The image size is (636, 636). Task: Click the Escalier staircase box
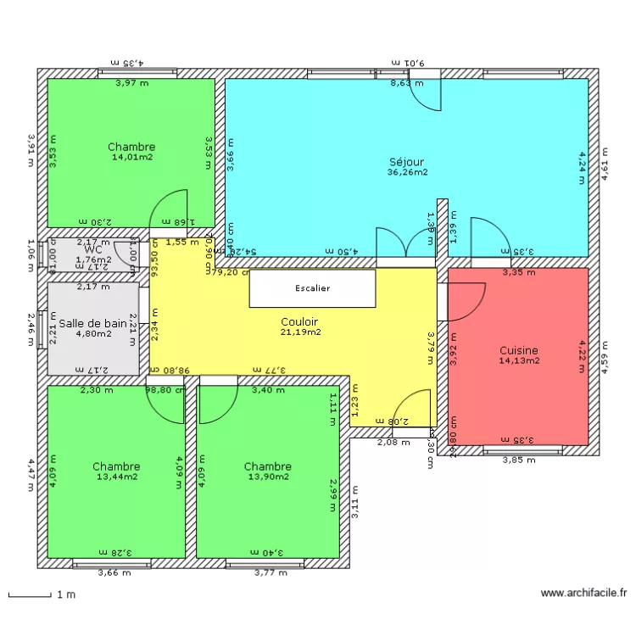(x=312, y=288)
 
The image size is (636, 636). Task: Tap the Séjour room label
(x=406, y=162)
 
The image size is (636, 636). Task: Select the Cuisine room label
(x=519, y=350)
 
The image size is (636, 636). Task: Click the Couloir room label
(x=299, y=322)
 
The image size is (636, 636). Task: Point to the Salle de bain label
(x=93, y=323)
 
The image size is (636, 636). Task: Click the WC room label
(x=93, y=250)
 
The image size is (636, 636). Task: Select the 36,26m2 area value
(x=407, y=172)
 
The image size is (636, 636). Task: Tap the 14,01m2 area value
(x=131, y=157)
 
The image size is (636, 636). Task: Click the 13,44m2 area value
(x=116, y=477)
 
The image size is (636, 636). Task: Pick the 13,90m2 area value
(x=267, y=477)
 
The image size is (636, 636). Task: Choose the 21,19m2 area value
(x=300, y=332)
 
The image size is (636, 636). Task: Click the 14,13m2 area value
(x=519, y=360)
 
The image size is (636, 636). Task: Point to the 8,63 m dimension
(x=406, y=83)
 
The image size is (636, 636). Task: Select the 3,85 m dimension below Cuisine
(x=519, y=460)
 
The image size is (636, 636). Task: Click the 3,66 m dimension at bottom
(x=114, y=573)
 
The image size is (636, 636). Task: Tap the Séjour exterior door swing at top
(x=427, y=95)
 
